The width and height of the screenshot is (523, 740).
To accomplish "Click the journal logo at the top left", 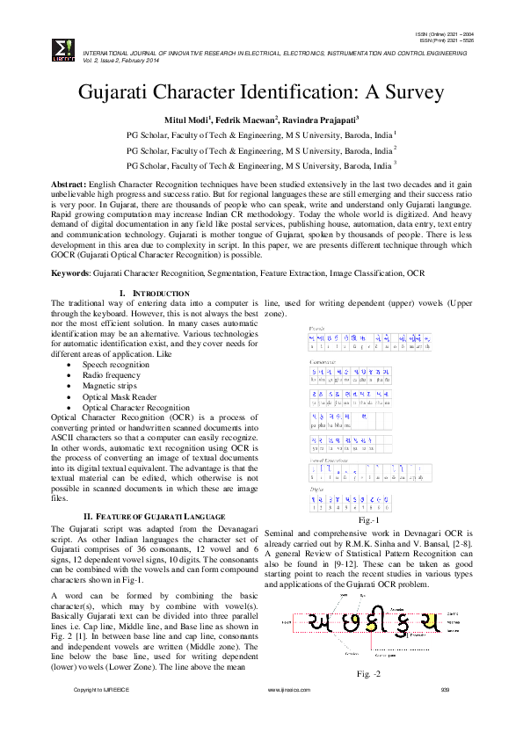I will (x=63, y=49).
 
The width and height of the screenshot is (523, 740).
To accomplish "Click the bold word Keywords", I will (x=71, y=274).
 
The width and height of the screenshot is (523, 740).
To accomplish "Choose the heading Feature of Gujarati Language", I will (x=155, y=516).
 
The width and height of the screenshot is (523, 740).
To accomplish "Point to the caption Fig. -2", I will (x=368, y=674).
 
